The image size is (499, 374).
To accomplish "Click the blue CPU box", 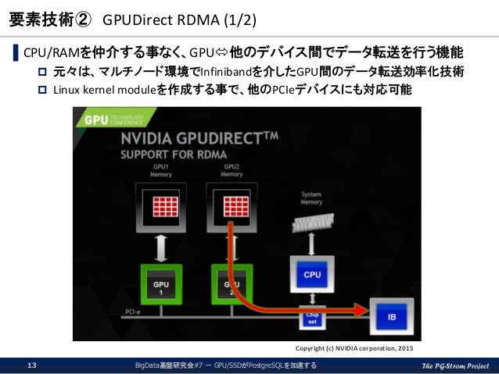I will pos(311,273).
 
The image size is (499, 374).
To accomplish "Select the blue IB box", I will pos(393,315).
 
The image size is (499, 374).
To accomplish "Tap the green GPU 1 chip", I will pos(160,283).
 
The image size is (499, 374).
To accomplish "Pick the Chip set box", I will pos(311,319).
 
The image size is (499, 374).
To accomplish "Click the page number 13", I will pos(33,365).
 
